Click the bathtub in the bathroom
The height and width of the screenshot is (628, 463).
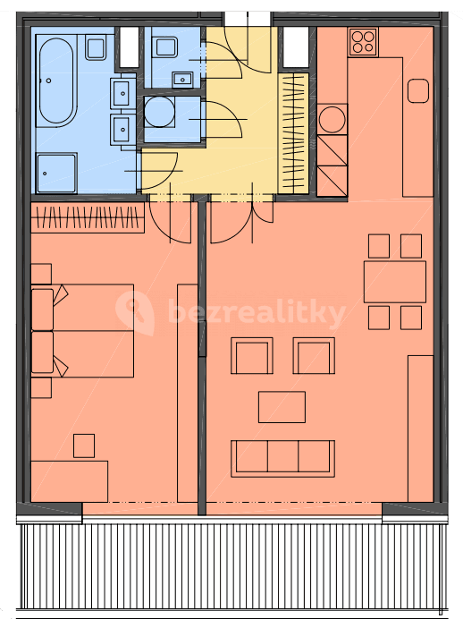tap(56, 82)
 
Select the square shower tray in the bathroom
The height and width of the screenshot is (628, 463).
tap(56, 171)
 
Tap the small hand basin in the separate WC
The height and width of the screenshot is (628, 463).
tap(185, 79)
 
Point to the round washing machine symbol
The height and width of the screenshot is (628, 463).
tap(159, 113)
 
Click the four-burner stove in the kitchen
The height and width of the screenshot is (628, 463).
tap(363, 40)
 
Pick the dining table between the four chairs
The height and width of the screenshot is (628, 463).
tap(394, 281)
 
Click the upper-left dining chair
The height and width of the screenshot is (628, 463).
tap(378, 246)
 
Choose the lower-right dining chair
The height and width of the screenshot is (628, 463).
tap(410, 317)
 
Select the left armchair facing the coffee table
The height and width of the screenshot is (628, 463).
tap(251, 356)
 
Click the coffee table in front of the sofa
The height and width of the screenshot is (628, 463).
tap(282, 406)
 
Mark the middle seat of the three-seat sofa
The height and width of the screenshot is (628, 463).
tap(282, 457)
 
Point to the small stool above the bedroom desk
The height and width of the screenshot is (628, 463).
tap(84, 445)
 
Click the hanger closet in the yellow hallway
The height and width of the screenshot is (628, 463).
tap(293, 132)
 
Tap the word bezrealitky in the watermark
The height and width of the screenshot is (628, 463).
tap(257, 314)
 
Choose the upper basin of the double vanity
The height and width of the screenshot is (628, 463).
tap(122, 91)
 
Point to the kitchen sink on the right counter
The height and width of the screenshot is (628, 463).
tap(418, 90)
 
